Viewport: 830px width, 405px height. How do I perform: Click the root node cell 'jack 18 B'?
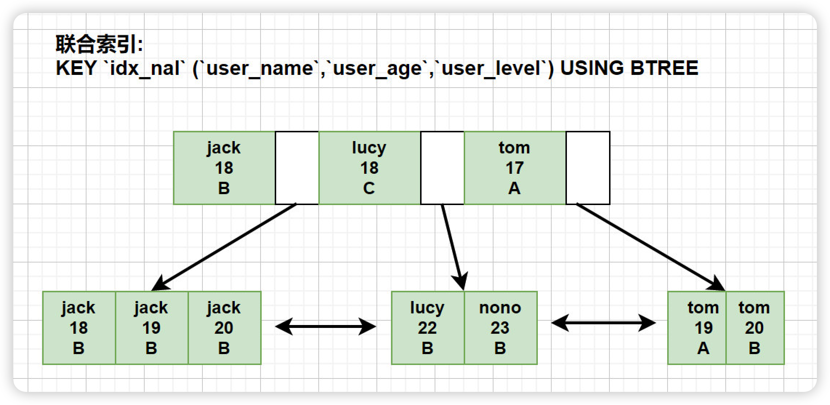[224, 168]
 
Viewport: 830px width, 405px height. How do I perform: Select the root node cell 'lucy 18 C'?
[370, 168]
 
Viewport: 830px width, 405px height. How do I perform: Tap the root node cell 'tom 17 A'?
[515, 168]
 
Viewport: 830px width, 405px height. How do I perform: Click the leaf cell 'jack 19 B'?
[152, 328]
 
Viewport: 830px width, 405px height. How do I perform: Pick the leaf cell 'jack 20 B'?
[224, 328]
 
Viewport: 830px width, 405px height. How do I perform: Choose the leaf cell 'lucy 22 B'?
[428, 328]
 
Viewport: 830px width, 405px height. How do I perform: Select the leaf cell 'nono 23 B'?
[500, 328]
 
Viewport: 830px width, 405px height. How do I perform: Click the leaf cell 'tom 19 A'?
[697, 328]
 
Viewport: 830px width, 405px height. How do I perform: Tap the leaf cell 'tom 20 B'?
[755, 328]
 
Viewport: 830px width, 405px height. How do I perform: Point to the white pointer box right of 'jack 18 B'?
[297, 168]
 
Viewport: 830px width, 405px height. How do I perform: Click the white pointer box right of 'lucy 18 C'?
[442, 168]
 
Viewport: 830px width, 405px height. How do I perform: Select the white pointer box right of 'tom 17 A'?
[588, 168]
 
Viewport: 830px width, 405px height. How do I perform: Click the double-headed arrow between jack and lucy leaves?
[326, 326]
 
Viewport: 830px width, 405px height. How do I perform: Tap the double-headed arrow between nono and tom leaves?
[604, 323]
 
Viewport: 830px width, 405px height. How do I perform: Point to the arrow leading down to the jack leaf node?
[224, 247]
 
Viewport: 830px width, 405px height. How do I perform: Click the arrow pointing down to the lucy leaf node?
[453, 247]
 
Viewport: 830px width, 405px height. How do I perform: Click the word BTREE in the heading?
[664, 68]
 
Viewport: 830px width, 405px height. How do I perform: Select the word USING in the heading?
[592, 68]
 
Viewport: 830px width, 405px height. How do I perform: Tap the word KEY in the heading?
[76, 68]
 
